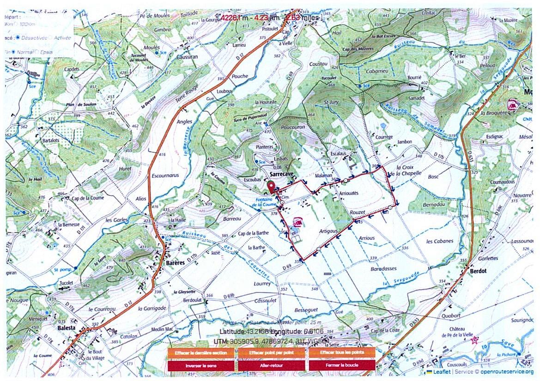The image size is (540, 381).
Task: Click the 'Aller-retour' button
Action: (x=271, y=365)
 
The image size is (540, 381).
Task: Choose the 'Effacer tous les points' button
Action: (x=342, y=353)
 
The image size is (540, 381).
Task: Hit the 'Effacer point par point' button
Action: (x=271, y=353)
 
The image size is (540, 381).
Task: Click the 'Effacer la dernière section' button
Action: (x=201, y=353)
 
